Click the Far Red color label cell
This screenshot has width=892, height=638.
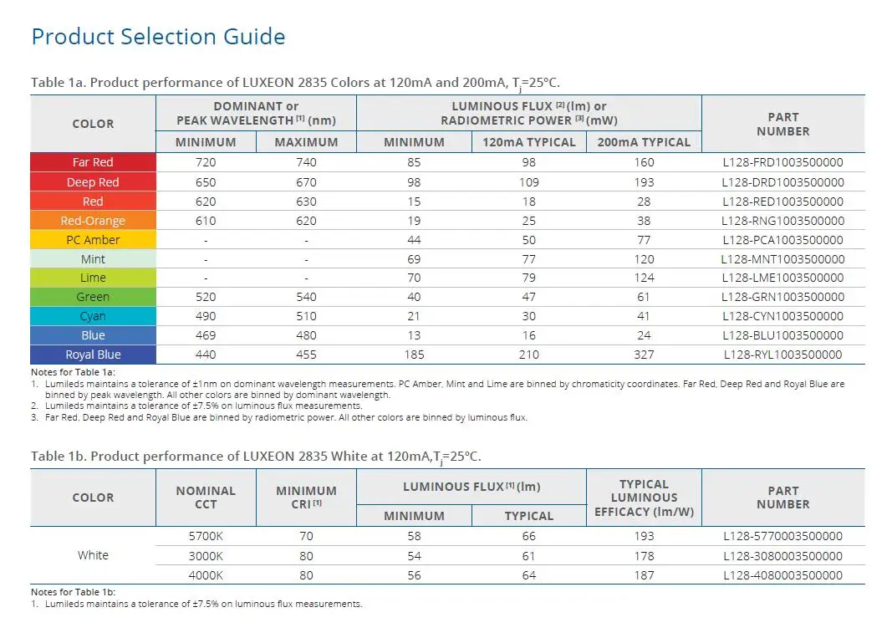click(x=93, y=162)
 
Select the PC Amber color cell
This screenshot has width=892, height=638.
click(x=93, y=240)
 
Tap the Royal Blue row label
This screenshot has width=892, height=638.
click(x=93, y=355)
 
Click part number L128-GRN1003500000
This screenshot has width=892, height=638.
click(x=782, y=297)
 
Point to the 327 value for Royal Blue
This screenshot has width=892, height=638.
click(x=644, y=355)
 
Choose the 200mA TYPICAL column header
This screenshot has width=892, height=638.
click(x=644, y=142)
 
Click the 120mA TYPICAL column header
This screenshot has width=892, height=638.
click(x=529, y=142)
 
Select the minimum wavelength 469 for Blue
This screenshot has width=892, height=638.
click(x=206, y=335)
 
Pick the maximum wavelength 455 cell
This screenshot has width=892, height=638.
click(x=306, y=355)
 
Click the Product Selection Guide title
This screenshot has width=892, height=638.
click(x=158, y=37)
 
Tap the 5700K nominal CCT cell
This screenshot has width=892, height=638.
click(x=206, y=536)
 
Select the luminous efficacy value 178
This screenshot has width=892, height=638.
click(x=644, y=555)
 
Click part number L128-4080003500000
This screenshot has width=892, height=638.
click(x=782, y=574)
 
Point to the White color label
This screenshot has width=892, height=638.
click(x=93, y=555)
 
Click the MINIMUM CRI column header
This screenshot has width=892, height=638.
click(x=306, y=497)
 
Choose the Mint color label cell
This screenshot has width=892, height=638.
click(x=93, y=259)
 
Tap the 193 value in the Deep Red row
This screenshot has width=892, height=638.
click(x=644, y=182)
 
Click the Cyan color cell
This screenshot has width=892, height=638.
click(x=93, y=316)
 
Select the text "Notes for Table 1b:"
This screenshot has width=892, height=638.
click(x=73, y=592)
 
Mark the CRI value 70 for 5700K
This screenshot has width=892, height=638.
click(x=306, y=536)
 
